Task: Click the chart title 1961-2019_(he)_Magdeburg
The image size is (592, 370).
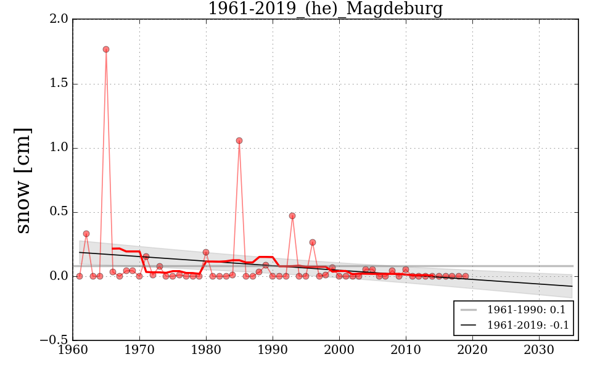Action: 325,9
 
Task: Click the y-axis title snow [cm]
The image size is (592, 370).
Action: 23,180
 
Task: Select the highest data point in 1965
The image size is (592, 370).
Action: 106,49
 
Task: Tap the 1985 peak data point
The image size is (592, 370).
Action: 239,141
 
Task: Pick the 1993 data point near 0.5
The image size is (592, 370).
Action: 292,216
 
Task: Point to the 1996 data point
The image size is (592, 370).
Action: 313,242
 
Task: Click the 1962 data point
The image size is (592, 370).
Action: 86,234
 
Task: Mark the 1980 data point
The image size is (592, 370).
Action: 206,252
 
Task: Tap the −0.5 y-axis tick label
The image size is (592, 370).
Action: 55,340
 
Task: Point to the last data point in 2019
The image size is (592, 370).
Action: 466,276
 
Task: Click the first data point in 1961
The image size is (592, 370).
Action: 80,276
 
